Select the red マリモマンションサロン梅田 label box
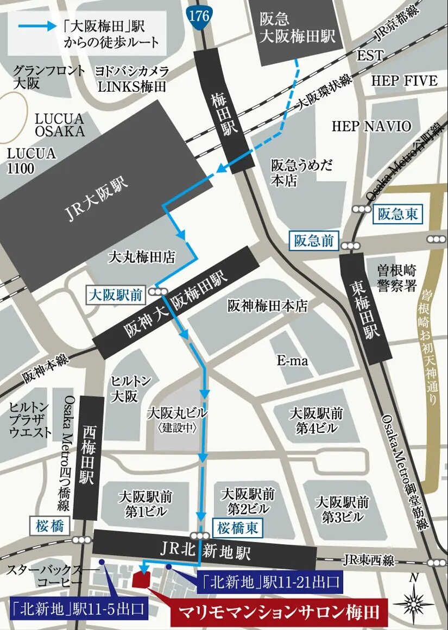279,613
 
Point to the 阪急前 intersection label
314,240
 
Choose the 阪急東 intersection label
398,214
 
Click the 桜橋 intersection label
50,525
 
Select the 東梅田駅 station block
366,308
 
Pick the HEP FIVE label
404,81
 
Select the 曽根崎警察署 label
397,278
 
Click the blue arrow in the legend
35,26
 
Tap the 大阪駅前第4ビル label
316,421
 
